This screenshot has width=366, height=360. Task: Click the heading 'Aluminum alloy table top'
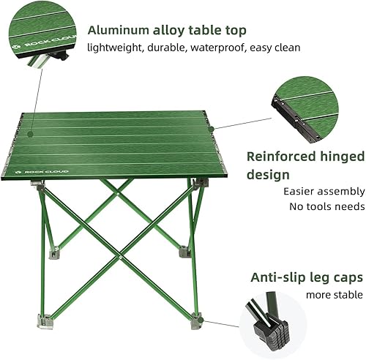point(167,30)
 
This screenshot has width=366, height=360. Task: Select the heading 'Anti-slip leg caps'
point(306,277)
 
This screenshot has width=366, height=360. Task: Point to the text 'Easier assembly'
point(323,192)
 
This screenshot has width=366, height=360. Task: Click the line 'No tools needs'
point(327,206)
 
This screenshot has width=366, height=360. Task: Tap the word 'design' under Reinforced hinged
point(268,175)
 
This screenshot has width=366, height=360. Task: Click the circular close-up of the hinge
point(305,108)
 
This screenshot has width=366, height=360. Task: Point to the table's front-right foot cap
point(196,318)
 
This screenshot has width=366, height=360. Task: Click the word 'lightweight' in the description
point(114,48)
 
